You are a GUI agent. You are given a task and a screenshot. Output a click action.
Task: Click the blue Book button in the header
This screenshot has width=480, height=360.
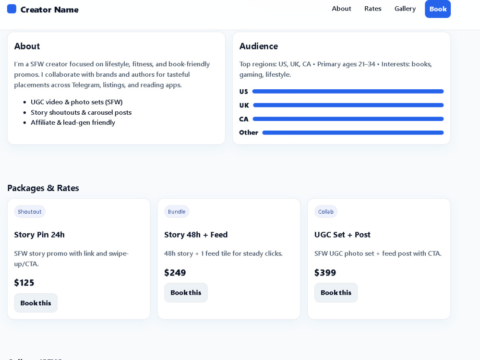[437, 9]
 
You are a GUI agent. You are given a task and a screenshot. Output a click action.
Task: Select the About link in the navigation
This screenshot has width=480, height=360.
[341, 9]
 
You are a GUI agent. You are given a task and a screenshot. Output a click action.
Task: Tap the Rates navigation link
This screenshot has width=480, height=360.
[372, 9]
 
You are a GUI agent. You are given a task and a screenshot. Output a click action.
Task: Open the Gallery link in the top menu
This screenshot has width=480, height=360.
[405, 9]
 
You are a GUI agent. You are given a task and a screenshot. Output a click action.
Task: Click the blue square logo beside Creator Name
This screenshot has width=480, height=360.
[12, 9]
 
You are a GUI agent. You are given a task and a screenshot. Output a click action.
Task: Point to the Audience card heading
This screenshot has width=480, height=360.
[259, 46]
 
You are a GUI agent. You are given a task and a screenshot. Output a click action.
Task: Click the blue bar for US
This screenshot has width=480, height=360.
[348, 92]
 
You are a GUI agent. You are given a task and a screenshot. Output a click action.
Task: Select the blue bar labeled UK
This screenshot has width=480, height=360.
[348, 105]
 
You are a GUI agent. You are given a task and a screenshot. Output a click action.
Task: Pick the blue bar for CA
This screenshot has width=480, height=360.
[348, 119]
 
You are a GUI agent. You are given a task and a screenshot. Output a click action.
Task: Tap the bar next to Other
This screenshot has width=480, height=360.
[353, 133]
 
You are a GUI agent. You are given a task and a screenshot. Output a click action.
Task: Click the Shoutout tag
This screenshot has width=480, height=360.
[30, 212]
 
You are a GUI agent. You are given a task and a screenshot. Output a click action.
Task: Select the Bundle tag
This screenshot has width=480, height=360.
[177, 212]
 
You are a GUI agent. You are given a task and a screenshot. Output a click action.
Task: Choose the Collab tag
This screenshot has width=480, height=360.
[326, 212]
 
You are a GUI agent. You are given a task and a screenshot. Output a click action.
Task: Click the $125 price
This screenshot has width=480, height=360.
[24, 283]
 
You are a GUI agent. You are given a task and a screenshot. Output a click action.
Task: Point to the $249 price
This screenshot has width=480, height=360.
[175, 273]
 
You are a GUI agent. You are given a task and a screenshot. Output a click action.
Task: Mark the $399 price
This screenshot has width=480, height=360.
[325, 273]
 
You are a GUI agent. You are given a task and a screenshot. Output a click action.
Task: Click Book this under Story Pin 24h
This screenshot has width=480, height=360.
[36, 303]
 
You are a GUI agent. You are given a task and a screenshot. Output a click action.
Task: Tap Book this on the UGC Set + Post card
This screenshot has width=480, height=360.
[336, 293]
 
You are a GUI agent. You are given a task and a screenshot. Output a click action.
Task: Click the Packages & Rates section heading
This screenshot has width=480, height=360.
[43, 188]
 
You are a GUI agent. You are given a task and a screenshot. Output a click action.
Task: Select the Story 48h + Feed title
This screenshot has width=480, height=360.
[196, 235]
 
